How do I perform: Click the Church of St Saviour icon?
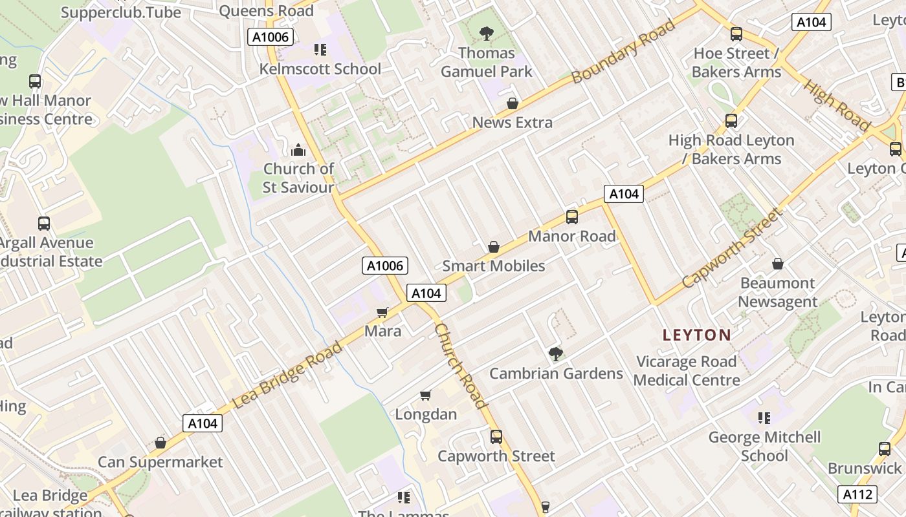tap(298, 150)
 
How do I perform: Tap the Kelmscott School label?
tap(320, 69)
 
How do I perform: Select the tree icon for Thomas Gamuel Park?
tap(487, 33)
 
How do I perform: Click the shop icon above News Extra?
tap(513, 103)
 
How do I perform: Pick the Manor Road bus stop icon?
tap(572, 217)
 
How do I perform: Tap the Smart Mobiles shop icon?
tap(494, 247)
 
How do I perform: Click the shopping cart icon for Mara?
tap(382, 313)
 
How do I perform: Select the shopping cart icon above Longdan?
tap(426, 395)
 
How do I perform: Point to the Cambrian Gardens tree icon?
tap(555, 353)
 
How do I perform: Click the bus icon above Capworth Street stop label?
tap(496, 437)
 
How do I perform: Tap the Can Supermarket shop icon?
tap(160, 443)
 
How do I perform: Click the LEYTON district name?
tap(697, 335)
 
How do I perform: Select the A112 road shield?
tap(857, 494)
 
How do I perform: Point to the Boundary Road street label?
tap(624, 51)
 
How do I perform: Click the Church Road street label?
tap(460, 366)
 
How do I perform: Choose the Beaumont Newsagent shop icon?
tap(778, 264)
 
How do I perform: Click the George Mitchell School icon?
tap(764, 418)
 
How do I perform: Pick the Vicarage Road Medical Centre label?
tap(687, 370)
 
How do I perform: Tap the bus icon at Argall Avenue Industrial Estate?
tap(44, 224)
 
